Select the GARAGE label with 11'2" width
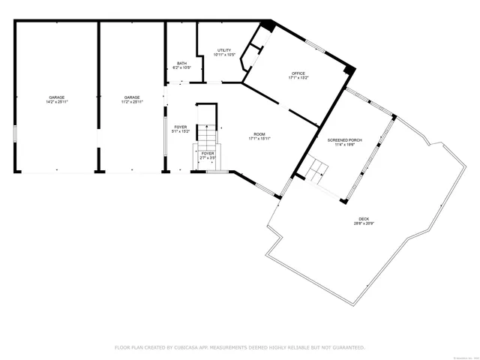[133, 98]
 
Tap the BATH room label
[181, 63]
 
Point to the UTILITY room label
[224, 49]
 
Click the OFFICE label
[298, 73]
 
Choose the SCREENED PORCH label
[340, 140]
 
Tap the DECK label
[363, 218]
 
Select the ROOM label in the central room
[259, 133]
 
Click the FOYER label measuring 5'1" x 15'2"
[181, 127]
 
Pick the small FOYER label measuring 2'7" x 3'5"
[208, 153]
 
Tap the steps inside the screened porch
[316, 169]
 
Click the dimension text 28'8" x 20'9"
[364, 223]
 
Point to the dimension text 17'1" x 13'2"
[299, 77]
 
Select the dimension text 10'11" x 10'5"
[224, 55]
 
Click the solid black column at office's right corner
[349, 70]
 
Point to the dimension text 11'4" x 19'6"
[340, 145]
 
